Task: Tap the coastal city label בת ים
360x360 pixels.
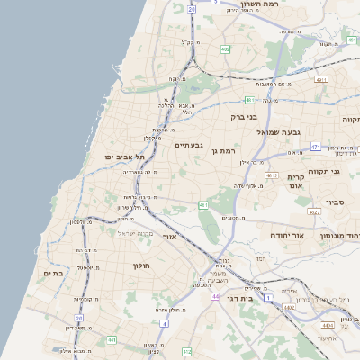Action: pos(53,273)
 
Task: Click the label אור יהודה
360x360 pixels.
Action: pos(290,235)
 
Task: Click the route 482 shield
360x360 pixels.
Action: pos(224,49)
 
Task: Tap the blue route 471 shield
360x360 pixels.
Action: pos(315,146)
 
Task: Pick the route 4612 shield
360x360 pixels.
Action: pos(271,175)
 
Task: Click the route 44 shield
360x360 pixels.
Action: pos(215,296)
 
